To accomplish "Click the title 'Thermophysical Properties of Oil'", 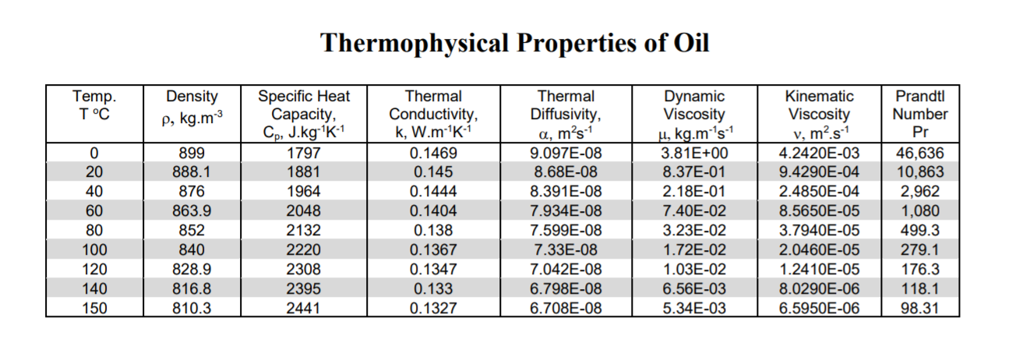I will [515, 42].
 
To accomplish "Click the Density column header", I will [192, 114].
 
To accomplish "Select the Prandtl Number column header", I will [922, 114].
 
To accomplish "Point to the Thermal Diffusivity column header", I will [566, 114].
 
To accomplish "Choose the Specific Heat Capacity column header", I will [304, 114].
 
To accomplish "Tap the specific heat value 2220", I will [304, 250].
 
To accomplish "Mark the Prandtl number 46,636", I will [921, 153].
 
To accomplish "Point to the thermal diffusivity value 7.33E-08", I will [566, 250].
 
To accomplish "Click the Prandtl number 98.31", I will [921, 308].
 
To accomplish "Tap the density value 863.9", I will [192, 211].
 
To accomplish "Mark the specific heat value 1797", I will [304, 153].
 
